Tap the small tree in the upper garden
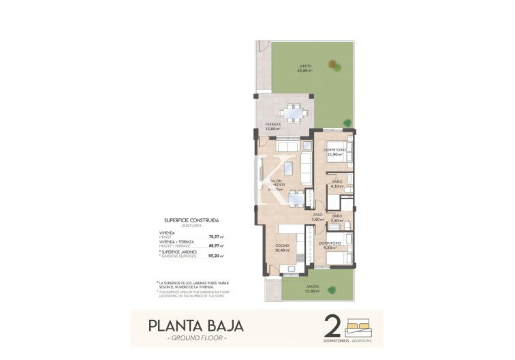point(334,65)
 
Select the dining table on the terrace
point(294,110)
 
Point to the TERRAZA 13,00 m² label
point(272,126)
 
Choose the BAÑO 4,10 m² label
point(337,183)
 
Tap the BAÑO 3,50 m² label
point(337,217)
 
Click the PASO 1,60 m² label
point(317,217)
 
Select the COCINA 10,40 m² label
point(282,247)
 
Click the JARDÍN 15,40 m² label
point(312,288)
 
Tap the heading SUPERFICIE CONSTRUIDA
point(192,220)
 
